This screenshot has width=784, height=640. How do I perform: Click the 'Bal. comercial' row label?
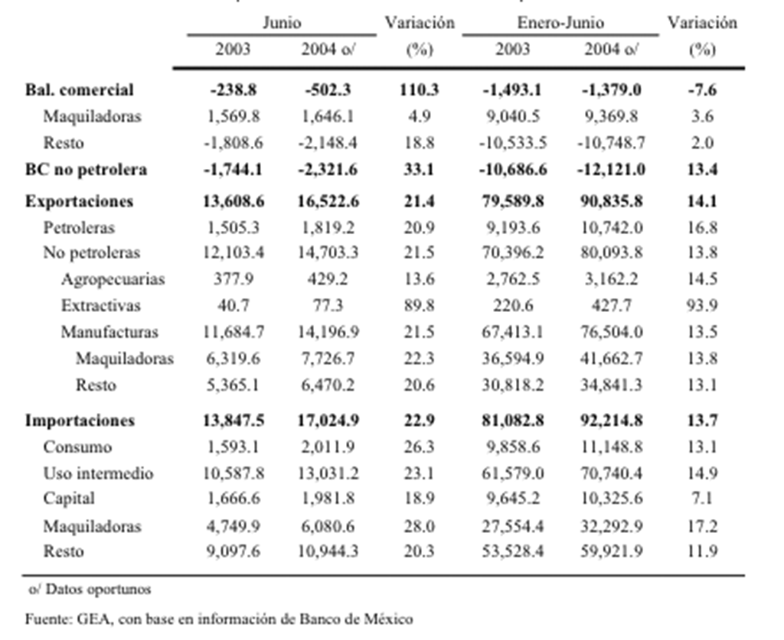click(80, 90)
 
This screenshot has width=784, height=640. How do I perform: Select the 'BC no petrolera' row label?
click(86, 170)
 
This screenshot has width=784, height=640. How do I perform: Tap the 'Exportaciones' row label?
click(79, 201)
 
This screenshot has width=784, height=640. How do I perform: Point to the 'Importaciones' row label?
click(80, 421)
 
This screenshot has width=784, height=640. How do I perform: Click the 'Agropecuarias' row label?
click(113, 279)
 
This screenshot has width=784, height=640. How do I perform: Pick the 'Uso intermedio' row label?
click(99, 473)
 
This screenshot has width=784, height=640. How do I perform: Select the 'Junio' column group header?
click(282, 23)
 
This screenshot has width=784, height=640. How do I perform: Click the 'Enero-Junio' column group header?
click(560, 23)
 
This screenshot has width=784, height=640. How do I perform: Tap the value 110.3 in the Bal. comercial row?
click(419, 90)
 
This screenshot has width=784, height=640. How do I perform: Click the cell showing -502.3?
click(328, 90)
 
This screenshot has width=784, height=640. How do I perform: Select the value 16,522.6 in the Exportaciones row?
click(328, 201)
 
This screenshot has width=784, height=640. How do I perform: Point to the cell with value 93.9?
click(702, 306)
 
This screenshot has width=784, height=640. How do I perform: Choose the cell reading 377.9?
click(234, 279)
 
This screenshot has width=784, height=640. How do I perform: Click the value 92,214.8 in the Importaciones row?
click(611, 421)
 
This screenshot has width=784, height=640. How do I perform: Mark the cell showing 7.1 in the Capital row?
click(702, 499)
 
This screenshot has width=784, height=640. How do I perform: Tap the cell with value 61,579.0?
click(512, 473)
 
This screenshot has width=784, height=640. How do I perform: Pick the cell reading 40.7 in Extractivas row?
click(234, 306)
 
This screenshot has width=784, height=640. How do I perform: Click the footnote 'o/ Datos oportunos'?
click(90, 590)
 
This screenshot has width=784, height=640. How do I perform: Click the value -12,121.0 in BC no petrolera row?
click(611, 170)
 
